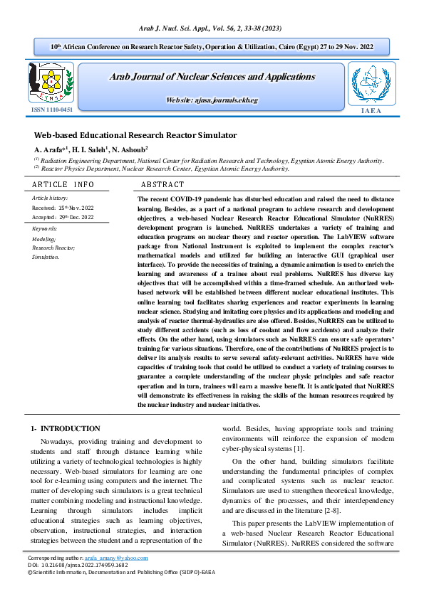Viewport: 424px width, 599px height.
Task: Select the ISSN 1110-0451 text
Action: pyautogui.click(x=51, y=110)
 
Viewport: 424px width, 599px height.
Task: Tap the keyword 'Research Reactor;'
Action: pyautogui.click(x=53, y=248)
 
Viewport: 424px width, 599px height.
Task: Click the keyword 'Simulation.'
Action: pyautogui.click(x=46, y=256)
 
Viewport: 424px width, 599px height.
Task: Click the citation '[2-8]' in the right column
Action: pyautogui.click(x=338, y=510)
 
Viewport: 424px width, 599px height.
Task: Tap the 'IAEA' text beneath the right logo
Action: pyautogui.click(x=371, y=111)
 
